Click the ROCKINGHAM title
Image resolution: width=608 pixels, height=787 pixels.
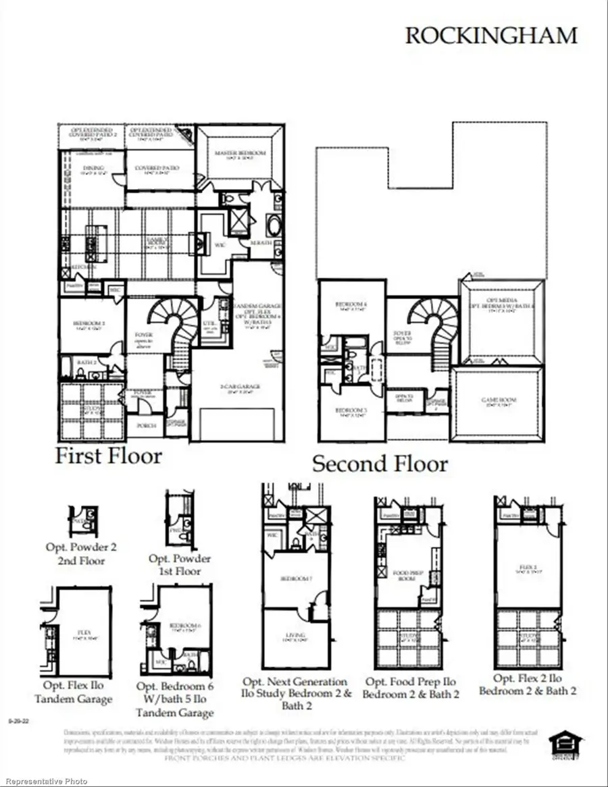[x=491, y=36]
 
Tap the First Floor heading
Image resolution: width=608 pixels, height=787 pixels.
[x=108, y=456]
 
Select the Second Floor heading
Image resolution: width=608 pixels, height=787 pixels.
[x=380, y=464]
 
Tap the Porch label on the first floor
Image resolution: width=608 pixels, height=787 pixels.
[x=146, y=426]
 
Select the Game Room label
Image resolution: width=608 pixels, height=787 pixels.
[x=497, y=400]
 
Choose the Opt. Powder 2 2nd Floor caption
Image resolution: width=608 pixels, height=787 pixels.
[x=81, y=553]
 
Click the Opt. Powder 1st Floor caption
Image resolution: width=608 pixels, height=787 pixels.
[x=180, y=565]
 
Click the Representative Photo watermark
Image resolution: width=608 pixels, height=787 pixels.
[x=44, y=782]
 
